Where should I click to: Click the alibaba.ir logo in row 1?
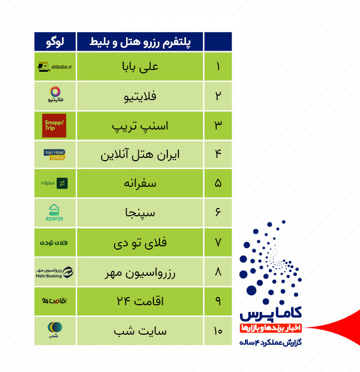54,67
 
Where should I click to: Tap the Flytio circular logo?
54,96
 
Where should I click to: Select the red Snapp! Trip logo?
54,126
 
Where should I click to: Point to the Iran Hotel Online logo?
54,154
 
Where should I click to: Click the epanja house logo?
54,213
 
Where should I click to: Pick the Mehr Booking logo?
54,272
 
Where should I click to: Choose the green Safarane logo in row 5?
54,183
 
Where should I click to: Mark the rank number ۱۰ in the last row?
218,331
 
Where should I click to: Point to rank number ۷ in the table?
218,242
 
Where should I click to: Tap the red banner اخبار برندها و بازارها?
269,328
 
